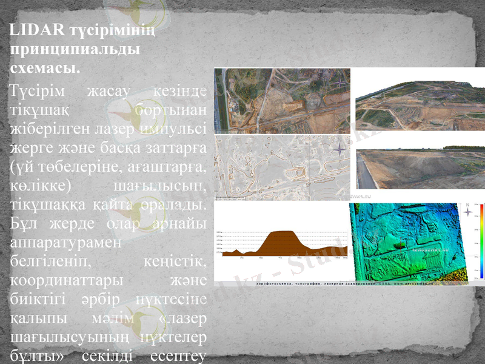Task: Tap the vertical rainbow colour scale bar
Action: coord(479,240)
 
